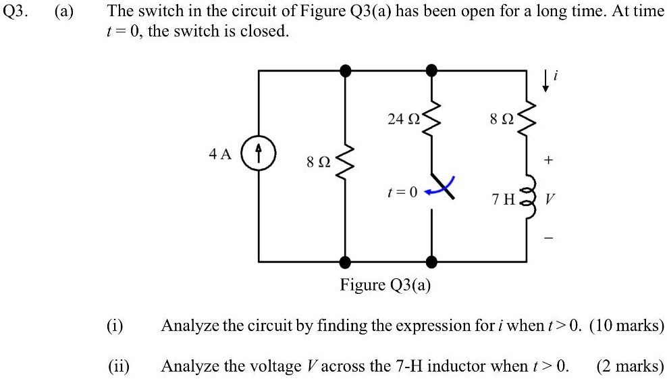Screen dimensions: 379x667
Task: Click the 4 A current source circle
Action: (x=259, y=154)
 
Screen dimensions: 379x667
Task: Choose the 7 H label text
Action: (x=504, y=200)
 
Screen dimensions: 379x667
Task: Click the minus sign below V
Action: (x=549, y=238)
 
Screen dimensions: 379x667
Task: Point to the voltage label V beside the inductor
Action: (x=550, y=200)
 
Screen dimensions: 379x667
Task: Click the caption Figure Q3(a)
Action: (x=385, y=285)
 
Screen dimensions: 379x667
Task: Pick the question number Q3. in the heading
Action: (x=14, y=11)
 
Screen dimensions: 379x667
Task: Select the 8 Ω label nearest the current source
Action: (x=318, y=162)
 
